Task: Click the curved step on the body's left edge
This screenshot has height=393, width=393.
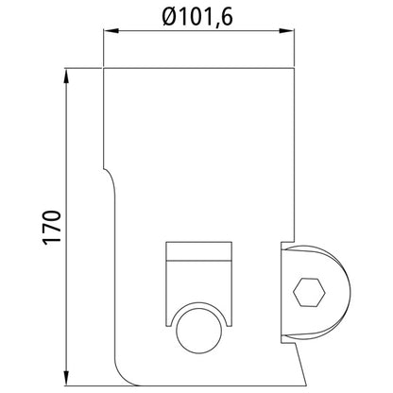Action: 110,175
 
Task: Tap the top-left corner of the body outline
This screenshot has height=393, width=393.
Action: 102,69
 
